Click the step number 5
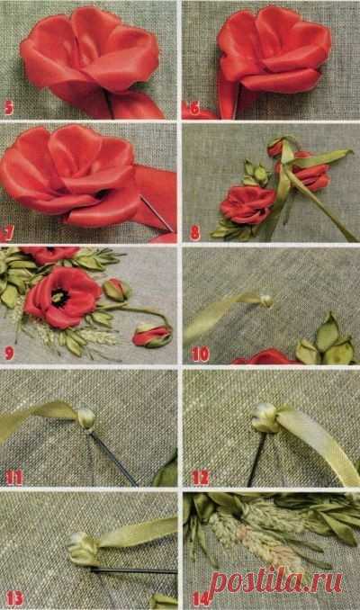[x=9, y=108]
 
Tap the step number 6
[x=195, y=109]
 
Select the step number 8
[x=195, y=233]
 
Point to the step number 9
[x=9, y=353]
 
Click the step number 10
[x=201, y=354]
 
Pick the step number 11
[x=13, y=478]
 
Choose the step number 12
[x=201, y=478]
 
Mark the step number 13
[x=14, y=599]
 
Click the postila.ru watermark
[x=275, y=583]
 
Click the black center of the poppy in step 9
[x=60, y=299]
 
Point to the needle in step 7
[x=156, y=213]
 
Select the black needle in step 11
[x=112, y=458]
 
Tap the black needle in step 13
[x=133, y=570]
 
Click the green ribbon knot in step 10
[x=266, y=301]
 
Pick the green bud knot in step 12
[x=265, y=418]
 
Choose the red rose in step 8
[x=244, y=204]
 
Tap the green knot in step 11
[x=86, y=417]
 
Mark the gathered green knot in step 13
[x=84, y=550]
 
